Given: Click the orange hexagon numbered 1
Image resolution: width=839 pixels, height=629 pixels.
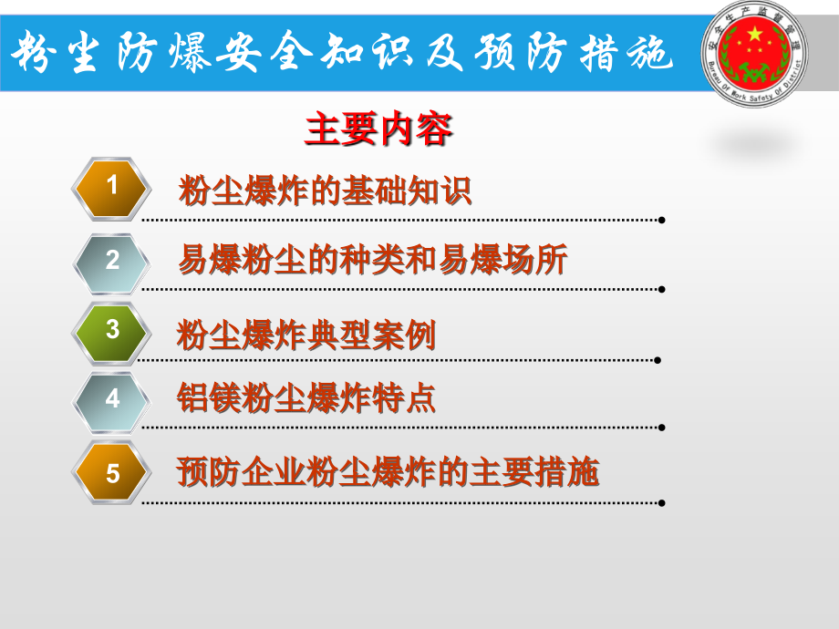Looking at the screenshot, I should click(x=112, y=189).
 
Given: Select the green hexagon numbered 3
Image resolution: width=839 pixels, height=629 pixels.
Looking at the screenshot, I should click(x=112, y=330).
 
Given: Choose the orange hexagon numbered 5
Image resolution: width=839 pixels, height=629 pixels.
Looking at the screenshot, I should click(x=112, y=473).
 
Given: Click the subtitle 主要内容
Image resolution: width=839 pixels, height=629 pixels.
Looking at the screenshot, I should click(x=378, y=130).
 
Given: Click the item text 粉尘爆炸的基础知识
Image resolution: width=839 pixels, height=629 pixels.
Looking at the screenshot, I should click(x=325, y=191).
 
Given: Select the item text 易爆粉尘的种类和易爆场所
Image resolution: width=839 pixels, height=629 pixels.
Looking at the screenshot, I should click(x=372, y=261).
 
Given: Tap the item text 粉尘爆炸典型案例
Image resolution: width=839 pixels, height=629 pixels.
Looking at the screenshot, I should click(x=306, y=335).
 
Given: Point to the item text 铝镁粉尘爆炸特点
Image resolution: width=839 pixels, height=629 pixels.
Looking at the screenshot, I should click(x=306, y=398).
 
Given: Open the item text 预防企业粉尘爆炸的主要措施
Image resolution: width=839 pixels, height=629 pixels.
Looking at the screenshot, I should click(x=388, y=473).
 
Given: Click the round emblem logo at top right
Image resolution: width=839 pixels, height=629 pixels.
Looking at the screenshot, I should click(x=754, y=54).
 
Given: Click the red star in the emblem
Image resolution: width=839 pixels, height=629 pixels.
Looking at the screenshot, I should click(x=754, y=36).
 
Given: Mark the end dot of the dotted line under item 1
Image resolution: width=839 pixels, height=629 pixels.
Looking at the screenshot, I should click(x=661, y=220).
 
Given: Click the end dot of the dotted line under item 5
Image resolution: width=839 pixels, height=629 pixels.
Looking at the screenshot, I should click(x=661, y=502).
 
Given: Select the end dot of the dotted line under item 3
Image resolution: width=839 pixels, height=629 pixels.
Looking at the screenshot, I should click(x=658, y=360).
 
